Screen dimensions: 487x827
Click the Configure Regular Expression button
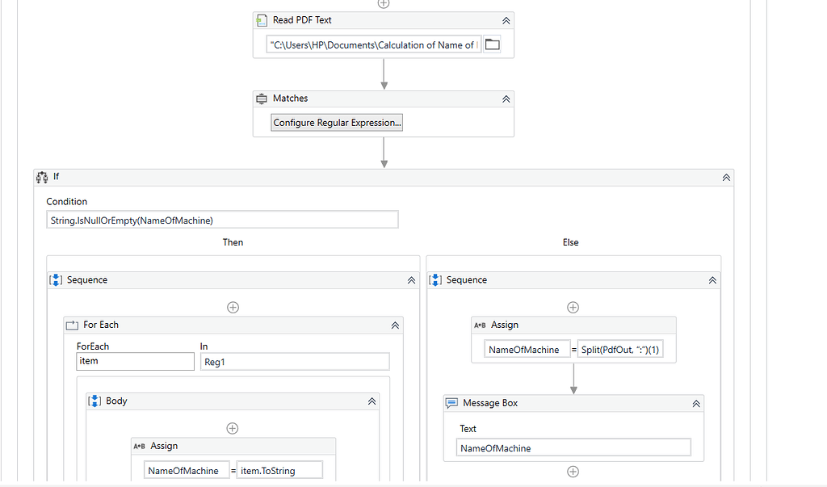(x=337, y=123)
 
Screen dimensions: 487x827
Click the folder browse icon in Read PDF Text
(x=492, y=45)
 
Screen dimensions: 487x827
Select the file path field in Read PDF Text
(x=373, y=45)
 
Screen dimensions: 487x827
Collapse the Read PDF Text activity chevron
(x=506, y=21)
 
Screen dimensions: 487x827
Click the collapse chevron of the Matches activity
(x=506, y=99)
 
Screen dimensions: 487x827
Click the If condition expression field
(x=222, y=220)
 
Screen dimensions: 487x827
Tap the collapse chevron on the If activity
(x=726, y=177)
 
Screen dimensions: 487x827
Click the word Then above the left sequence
(x=233, y=242)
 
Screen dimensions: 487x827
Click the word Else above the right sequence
(x=570, y=242)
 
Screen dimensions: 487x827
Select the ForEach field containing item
(x=135, y=361)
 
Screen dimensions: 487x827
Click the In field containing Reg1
(x=294, y=362)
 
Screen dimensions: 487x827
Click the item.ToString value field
(x=279, y=470)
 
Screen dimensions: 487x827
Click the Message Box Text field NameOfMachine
(x=573, y=448)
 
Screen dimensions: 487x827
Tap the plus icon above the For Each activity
(x=233, y=307)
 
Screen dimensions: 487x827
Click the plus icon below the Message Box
(x=573, y=472)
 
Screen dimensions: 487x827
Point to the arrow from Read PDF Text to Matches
(x=384, y=74)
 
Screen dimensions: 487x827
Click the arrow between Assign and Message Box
(x=573, y=378)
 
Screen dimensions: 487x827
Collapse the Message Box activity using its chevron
(x=696, y=403)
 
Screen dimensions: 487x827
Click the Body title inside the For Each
(x=116, y=401)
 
